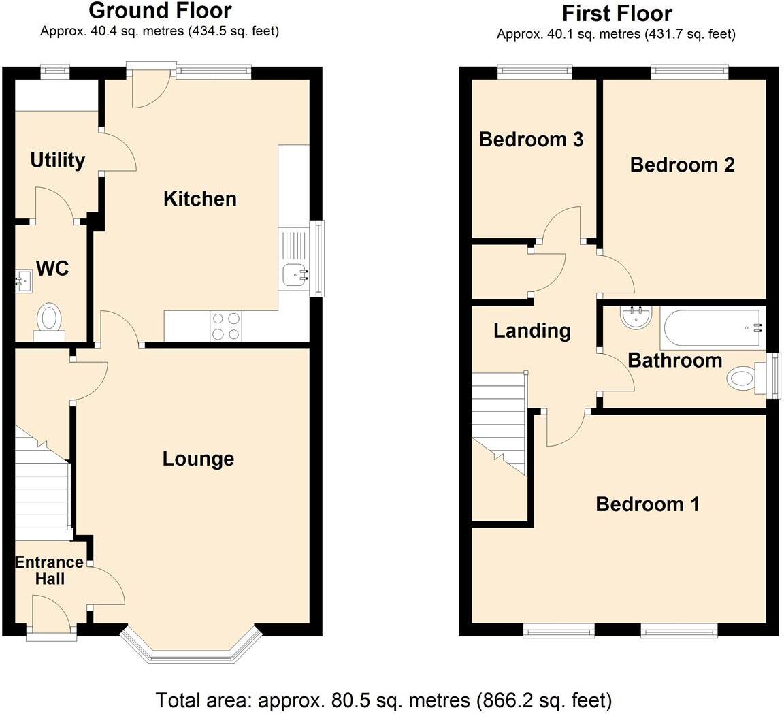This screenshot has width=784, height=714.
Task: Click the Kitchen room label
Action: tap(200, 199)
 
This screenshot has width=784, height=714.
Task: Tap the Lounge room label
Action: tap(198, 459)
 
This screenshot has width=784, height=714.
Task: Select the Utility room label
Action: tap(58, 161)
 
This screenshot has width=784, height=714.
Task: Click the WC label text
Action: tap(52, 269)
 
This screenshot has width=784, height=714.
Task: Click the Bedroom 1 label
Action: tap(647, 504)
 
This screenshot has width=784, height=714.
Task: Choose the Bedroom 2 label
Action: tap(682, 165)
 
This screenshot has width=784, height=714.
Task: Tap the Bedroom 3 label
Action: tap(531, 140)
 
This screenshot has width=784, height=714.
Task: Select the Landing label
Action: tap(532, 331)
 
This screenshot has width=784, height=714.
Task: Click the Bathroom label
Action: tap(674, 360)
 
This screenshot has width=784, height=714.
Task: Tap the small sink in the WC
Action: tap(24, 280)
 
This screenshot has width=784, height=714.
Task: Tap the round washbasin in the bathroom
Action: tap(637, 316)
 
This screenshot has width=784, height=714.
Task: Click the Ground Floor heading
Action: tap(160, 11)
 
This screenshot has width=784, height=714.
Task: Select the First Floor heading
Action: tap(617, 13)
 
